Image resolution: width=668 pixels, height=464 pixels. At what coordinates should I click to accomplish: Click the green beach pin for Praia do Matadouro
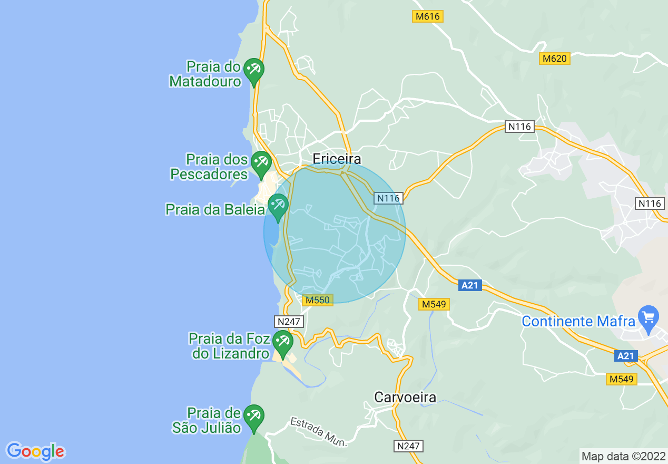pyautogui.click(x=253, y=70)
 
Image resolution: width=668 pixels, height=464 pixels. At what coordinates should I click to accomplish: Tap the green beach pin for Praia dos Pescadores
pyautogui.click(x=261, y=162)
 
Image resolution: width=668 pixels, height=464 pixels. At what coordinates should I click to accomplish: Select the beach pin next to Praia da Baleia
pyautogui.click(x=278, y=206)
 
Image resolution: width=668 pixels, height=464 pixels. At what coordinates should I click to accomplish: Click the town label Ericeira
pyautogui.click(x=337, y=159)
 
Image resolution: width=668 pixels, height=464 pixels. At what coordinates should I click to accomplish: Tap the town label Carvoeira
pyautogui.click(x=405, y=397)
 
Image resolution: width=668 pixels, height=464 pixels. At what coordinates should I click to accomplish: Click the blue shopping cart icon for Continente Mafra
pyautogui.click(x=648, y=317)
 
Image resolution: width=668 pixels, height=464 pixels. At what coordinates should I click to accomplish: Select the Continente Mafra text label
pyautogui.click(x=578, y=321)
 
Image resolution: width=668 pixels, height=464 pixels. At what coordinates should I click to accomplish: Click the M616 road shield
pyautogui.click(x=427, y=16)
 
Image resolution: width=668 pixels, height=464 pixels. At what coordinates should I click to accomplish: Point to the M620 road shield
pyautogui.click(x=555, y=59)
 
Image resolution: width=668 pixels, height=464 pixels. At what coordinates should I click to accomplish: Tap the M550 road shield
pyautogui.click(x=318, y=300)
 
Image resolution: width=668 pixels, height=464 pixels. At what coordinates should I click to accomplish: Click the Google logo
pyautogui.click(x=35, y=451)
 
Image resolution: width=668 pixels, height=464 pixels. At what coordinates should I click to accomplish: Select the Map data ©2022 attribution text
pyautogui.click(x=623, y=456)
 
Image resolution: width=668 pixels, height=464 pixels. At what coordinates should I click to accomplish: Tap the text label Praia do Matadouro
pyautogui.click(x=205, y=74)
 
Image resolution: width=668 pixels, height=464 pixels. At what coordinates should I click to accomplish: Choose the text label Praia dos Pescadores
pyautogui.click(x=209, y=166)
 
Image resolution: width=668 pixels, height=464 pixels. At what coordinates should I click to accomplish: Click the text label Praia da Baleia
pyautogui.click(x=215, y=209)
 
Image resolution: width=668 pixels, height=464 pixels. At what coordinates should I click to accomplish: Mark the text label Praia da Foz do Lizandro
pyautogui.click(x=230, y=346)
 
